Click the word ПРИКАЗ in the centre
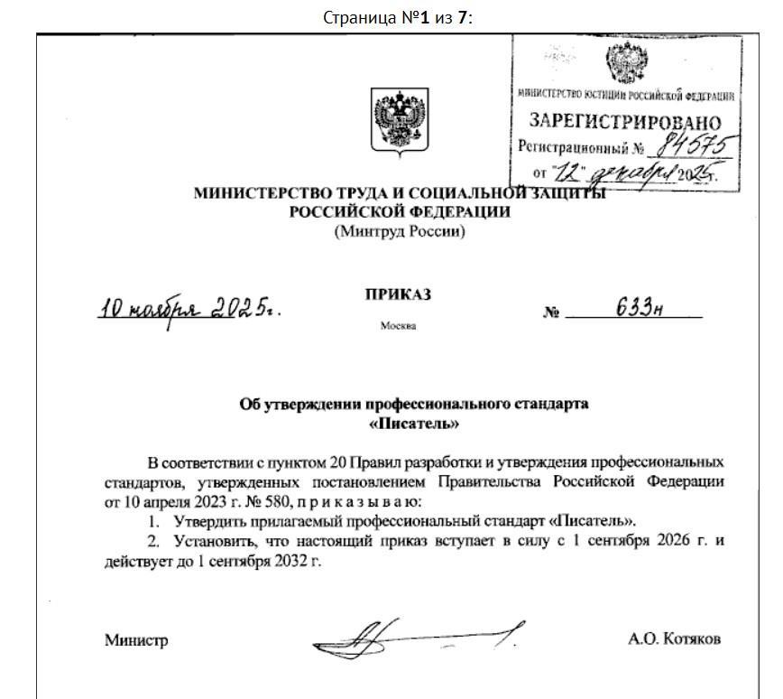point(399,295)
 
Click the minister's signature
point(415,638)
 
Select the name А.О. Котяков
point(675,639)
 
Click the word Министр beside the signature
point(136,640)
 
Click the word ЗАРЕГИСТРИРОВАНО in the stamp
point(625,122)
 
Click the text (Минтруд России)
point(400,231)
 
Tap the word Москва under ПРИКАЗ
point(399,326)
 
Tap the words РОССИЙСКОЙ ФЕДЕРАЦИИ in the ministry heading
point(400,212)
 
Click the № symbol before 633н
point(551,312)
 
